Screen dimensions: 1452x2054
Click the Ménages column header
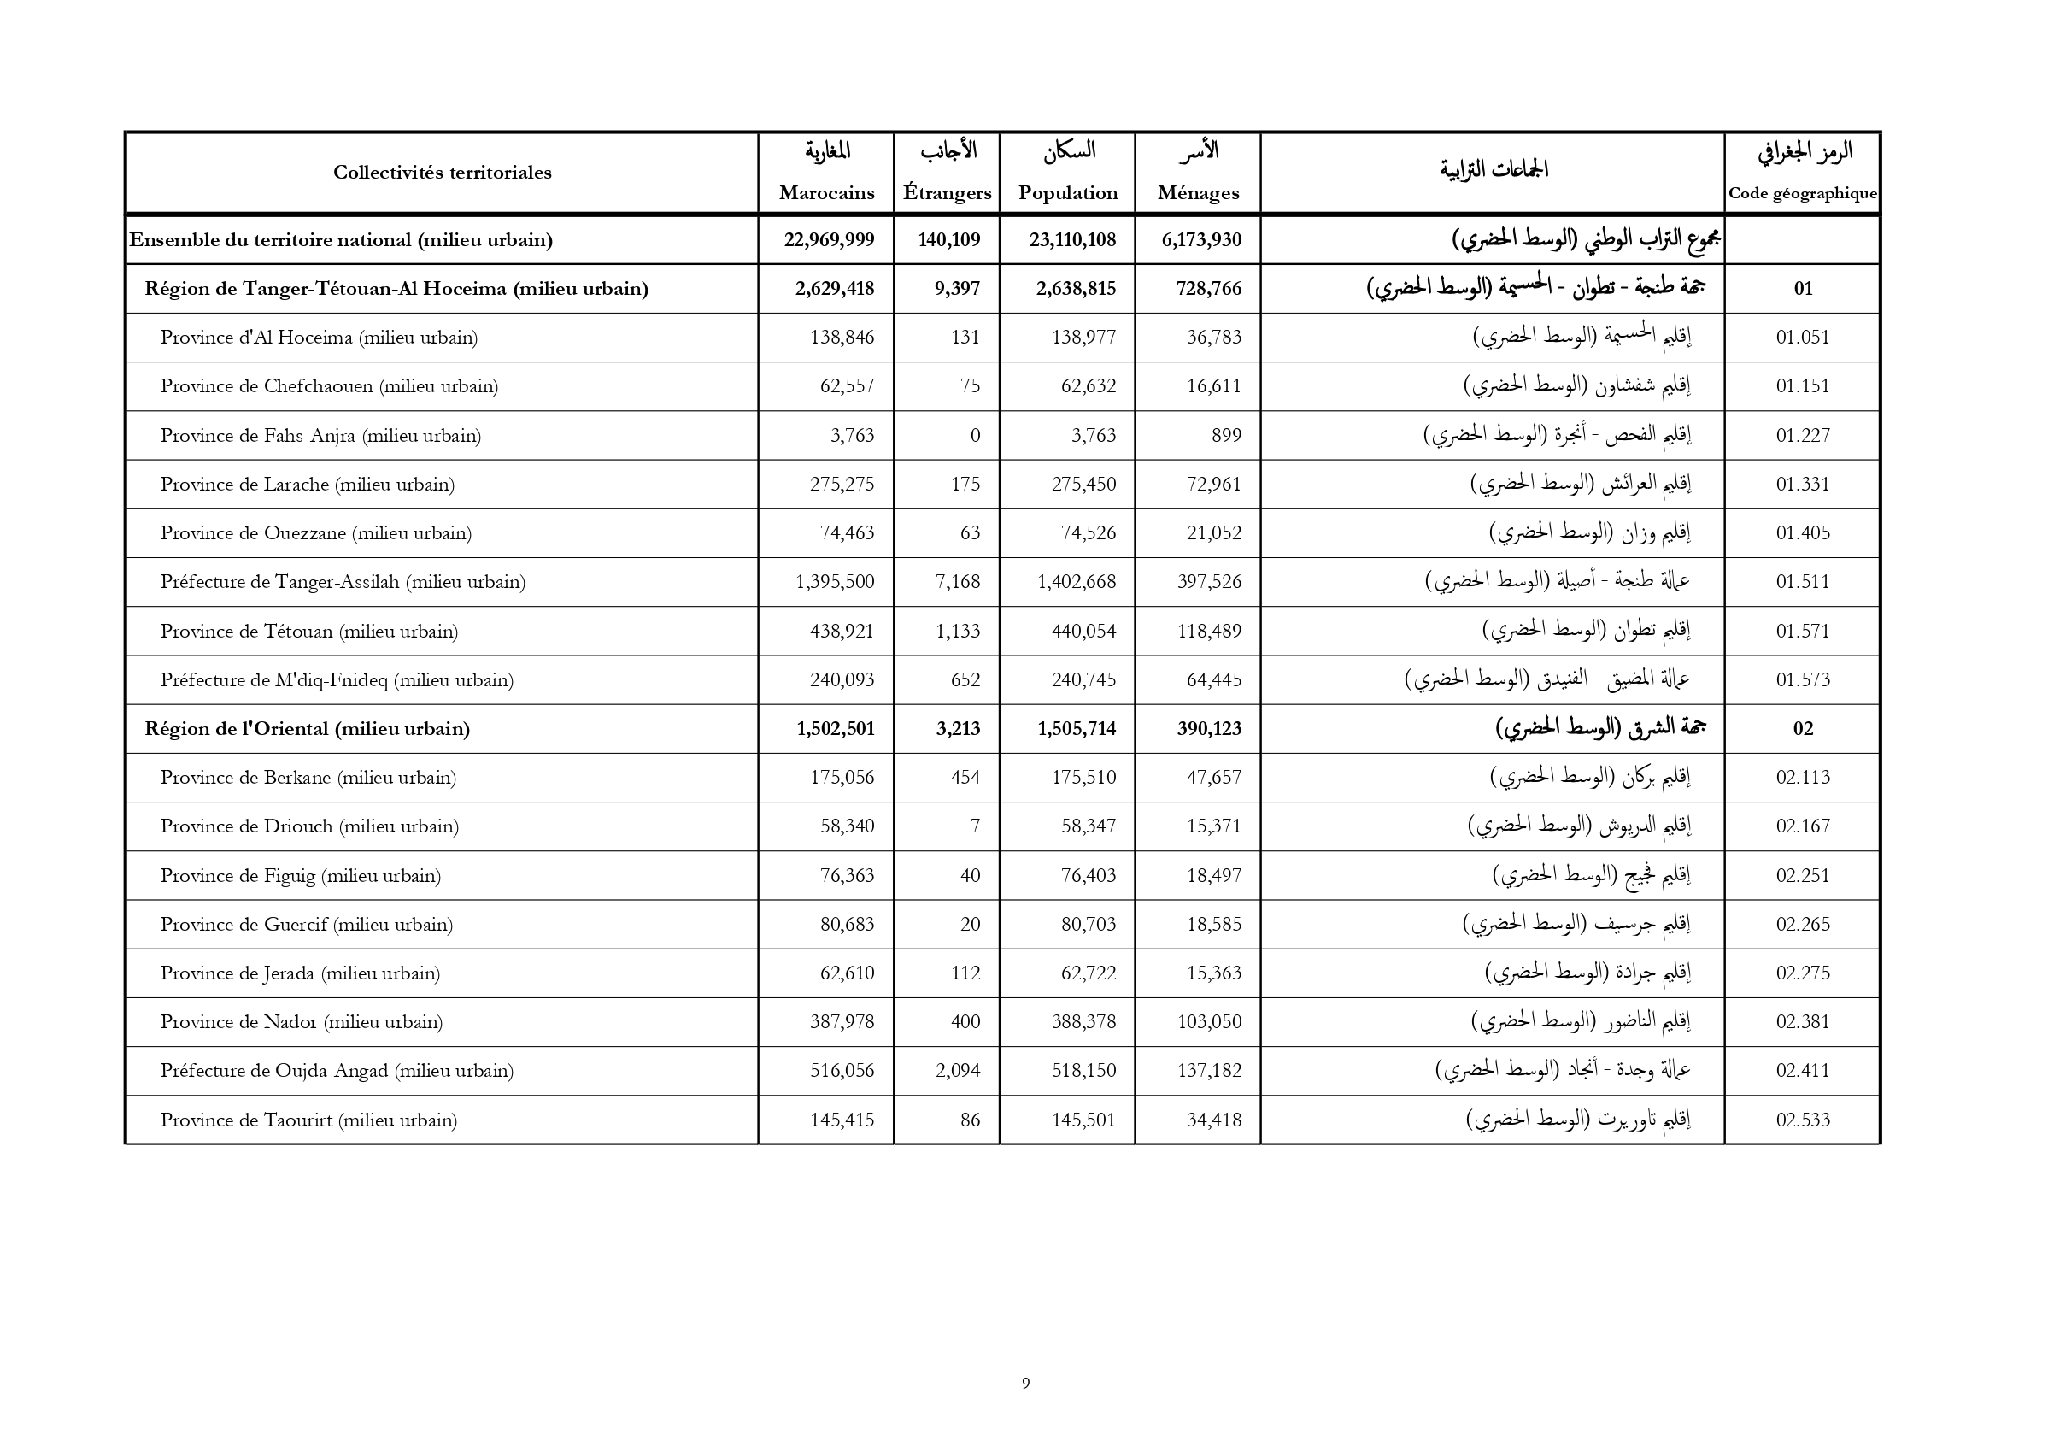pyautogui.click(x=1197, y=192)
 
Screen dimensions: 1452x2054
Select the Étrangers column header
pyautogui.click(x=947, y=192)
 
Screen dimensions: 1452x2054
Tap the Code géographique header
pyautogui.click(x=1802, y=193)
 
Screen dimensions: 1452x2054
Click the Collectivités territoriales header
pyautogui.click(x=442, y=173)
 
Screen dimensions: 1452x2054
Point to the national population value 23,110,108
pyautogui.click(x=1071, y=240)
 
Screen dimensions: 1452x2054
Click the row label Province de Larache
pyautogui.click(x=307, y=484)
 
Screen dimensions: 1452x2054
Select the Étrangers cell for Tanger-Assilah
pyautogui.click(x=957, y=581)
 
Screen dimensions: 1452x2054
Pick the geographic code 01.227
pyautogui.click(x=1803, y=436)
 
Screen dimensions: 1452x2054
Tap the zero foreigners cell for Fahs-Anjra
pyautogui.click(x=974, y=436)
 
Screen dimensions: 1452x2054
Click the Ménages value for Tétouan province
pyautogui.click(x=1210, y=631)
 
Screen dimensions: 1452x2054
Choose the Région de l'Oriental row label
pyautogui.click(x=307, y=728)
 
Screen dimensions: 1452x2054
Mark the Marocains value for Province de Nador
pyautogui.click(x=842, y=1021)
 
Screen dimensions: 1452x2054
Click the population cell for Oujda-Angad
pyautogui.click(x=1083, y=1070)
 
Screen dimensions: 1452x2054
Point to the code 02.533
pyautogui.click(x=1803, y=1120)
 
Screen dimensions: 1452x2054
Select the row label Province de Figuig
pyautogui.click(x=300, y=875)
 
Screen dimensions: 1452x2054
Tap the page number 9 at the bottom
pyautogui.click(x=1025, y=1383)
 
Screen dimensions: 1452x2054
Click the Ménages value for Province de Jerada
pyautogui.click(x=1214, y=973)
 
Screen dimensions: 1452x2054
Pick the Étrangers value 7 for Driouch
pyautogui.click(x=974, y=826)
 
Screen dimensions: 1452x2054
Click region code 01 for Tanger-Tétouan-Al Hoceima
pyautogui.click(x=1803, y=288)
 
